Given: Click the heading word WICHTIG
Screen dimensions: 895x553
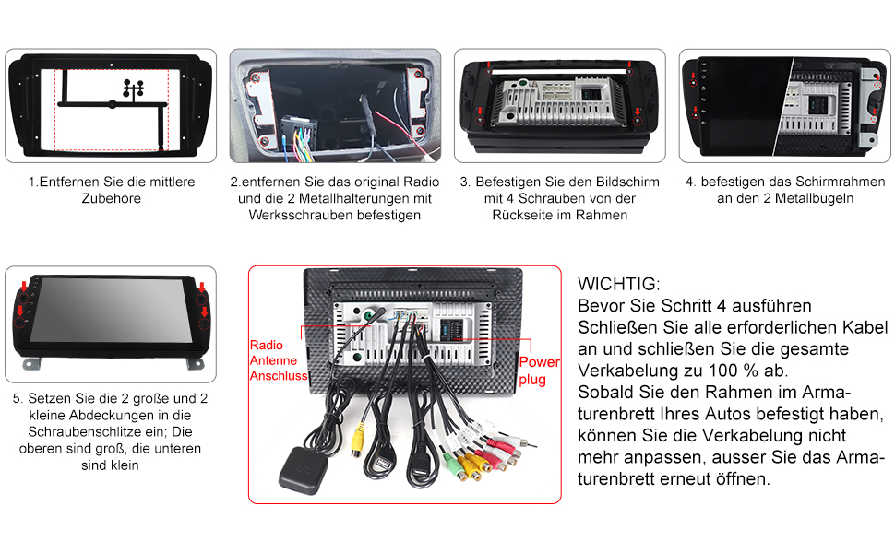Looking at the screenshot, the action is (618, 284).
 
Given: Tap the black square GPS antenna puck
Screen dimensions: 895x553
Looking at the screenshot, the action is (301, 470).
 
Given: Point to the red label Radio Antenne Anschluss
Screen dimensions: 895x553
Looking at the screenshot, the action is (279, 360).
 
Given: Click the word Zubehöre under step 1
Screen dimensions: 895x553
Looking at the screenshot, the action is (112, 198).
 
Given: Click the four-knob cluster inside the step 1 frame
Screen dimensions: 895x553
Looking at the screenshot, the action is (134, 88).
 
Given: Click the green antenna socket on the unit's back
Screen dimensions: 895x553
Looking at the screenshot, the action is (369, 314).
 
